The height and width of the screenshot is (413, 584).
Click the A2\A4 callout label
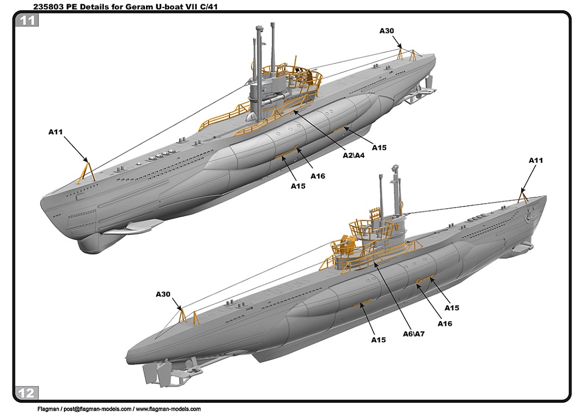pyautogui.click(x=354, y=155)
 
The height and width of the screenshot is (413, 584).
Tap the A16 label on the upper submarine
pyautogui.click(x=318, y=176)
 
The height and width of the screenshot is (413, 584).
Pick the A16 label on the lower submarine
pyautogui.click(x=445, y=323)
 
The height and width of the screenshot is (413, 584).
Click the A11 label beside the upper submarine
pyautogui.click(x=55, y=132)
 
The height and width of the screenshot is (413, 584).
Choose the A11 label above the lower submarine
pyautogui.click(x=536, y=160)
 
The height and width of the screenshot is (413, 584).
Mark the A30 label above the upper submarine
pyautogui.click(x=387, y=31)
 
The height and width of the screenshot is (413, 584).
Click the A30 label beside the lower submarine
pyautogui.click(x=163, y=294)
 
